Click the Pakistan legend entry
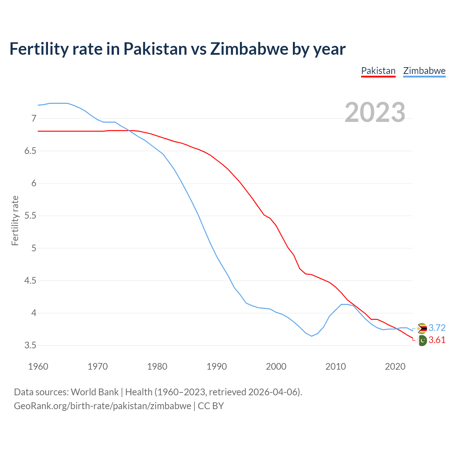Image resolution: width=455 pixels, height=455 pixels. (x=378, y=71)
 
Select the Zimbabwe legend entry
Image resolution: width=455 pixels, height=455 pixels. (x=424, y=71)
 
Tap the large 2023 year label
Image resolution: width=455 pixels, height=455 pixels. (x=375, y=112)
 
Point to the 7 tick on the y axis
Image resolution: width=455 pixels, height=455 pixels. (x=34, y=118)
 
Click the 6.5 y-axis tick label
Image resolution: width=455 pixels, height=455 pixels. (x=31, y=151)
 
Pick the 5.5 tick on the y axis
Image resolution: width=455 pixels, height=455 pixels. (x=31, y=216)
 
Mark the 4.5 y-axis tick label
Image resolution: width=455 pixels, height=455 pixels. (x=31, y=281)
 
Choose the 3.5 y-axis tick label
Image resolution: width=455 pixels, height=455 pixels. (x=31, y=346)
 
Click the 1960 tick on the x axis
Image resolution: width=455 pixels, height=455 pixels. (x=38, y=366)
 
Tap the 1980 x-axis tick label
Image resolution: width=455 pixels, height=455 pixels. (x=157, y=366)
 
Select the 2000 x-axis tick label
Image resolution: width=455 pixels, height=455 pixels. (x=276, y=366)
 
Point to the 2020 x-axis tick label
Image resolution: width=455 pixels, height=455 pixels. (x=395, y=366)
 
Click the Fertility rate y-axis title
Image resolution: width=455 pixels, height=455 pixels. (x=15, y=220)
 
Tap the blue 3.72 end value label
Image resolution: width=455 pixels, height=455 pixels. (x=437, y=328)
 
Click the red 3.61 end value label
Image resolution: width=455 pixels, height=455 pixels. (x=437, y=340)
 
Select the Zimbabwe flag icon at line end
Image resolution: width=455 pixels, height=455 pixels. (x=422, y=328)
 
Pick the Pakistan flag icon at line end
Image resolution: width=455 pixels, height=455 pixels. (x=422, y=341)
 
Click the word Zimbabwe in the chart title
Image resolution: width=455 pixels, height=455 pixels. (x=249, y=49)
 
